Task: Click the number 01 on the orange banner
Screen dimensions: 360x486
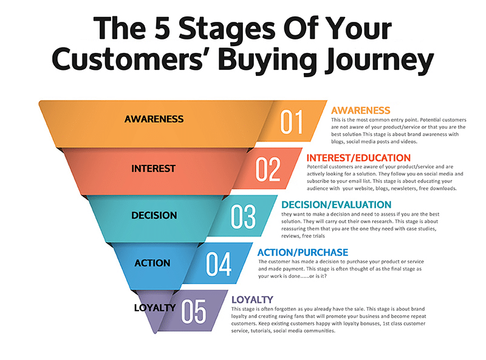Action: coord(292,121)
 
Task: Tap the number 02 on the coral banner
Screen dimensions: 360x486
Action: coord(268,168)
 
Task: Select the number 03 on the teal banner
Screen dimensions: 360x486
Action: coord(244,216)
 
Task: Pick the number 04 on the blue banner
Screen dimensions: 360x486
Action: coord(219,263)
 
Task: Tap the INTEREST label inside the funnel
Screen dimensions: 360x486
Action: coord(153,168)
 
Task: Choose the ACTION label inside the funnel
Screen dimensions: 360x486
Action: coord(153,263)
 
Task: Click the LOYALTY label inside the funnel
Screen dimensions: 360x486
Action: coord(155,308)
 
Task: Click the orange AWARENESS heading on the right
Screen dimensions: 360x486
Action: coord(360,111)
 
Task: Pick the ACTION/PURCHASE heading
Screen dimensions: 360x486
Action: coord(303,252)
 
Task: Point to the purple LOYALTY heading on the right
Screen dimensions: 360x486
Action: coord(252,299)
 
